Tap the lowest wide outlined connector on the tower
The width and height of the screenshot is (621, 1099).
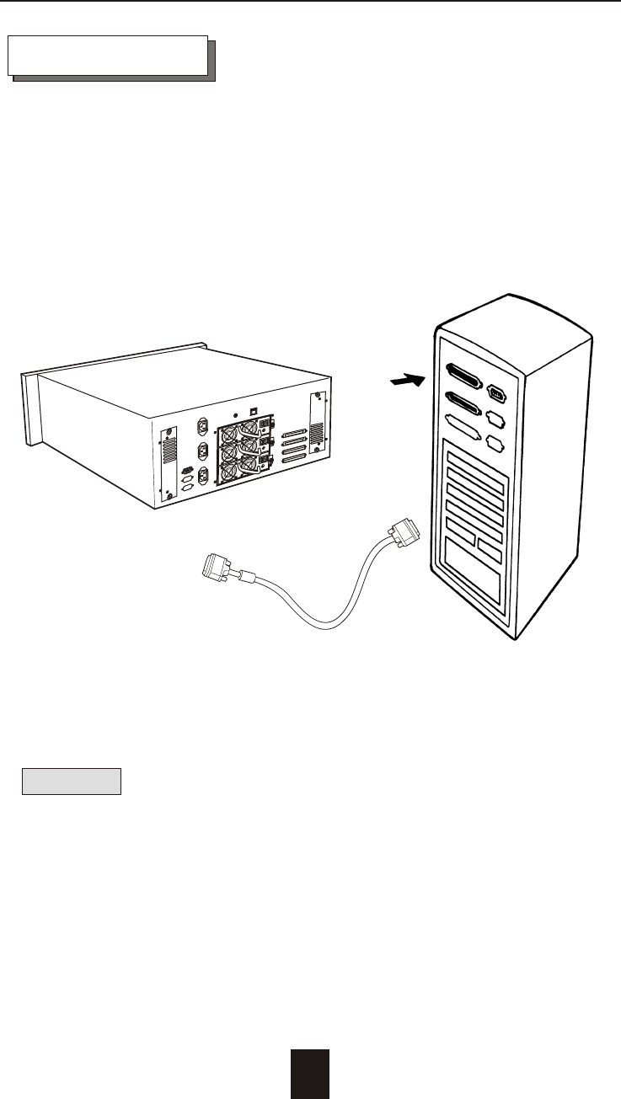[462, 429]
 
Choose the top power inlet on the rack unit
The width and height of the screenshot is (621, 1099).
[202, 427]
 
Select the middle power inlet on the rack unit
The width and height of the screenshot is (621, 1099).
[203, 451]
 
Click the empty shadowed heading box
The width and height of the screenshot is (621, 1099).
[108, 56]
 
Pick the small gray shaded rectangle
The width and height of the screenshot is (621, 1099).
[72, 781]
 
